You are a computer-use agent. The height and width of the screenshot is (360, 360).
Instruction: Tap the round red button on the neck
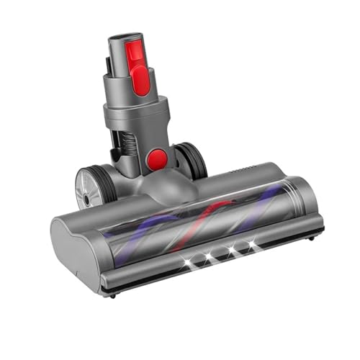coord(157,160)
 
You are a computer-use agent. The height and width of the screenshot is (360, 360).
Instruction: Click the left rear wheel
coord(94,188)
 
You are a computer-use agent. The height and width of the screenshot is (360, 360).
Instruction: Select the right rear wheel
coord(192,160)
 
